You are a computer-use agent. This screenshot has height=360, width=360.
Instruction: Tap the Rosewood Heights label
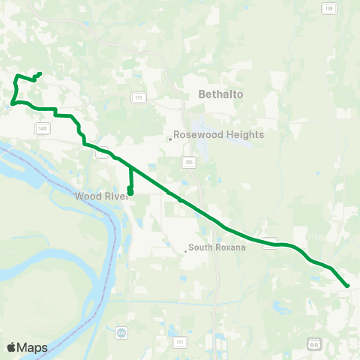[x=218, y=135]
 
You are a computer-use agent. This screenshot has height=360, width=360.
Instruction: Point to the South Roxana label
[x=217, y=247]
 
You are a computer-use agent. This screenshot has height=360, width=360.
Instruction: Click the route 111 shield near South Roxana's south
[x=178, y=342]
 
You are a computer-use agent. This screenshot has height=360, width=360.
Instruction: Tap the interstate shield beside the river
[x=122, y=331]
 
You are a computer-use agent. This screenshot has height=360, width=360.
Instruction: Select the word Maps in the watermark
[x=34, y=347]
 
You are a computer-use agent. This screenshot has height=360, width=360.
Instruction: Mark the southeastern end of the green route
[x=348, y=286]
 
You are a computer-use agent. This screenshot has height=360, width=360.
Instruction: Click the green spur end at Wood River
[x=130, y=193]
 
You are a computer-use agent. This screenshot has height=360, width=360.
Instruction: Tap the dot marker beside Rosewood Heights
[x=170, y=138]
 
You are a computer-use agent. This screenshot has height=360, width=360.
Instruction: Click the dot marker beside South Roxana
[x=185, y=250]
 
